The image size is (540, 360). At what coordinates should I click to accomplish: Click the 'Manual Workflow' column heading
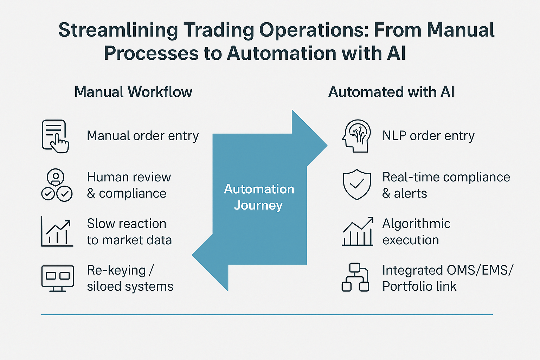point(133,92)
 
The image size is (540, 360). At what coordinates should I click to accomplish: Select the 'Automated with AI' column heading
point(391,92)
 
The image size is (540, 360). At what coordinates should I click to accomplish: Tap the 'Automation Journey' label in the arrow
point(259,197)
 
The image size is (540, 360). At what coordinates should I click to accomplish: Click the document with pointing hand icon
point(55,136)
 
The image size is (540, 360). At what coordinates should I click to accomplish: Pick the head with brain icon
point(356,136)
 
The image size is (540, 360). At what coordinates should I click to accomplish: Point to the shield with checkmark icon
point(357,185)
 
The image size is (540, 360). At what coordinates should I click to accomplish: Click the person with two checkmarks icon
point(57,185)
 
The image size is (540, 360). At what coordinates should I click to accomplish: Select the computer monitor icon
point(57,278)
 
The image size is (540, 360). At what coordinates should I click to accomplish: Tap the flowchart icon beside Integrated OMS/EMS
point(355,277)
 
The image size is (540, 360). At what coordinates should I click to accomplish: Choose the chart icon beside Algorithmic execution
point(358,232)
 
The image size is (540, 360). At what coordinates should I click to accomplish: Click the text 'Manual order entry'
point(143,136)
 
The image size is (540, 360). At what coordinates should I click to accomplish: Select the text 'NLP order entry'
point(428,136)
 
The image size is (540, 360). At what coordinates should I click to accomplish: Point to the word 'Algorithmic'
point(416,224)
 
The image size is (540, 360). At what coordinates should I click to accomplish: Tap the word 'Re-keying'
point(116,270)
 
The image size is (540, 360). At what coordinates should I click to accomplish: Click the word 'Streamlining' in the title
point(118,30)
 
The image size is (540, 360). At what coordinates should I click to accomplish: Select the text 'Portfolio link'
point(419,287)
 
